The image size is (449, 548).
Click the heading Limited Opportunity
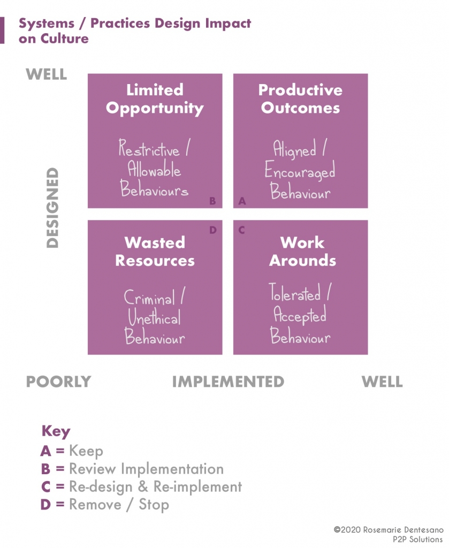tap(155, 99)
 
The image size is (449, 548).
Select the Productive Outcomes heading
tap(300, 99)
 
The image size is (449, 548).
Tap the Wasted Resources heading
tap(155, 252)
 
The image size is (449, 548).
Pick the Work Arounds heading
tap(302, 252)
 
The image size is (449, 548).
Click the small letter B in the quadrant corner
tap(212, 201)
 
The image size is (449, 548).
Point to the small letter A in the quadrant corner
tap(242, 201)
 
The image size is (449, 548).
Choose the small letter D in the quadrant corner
tap(212, 230)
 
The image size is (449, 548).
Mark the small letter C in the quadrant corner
tap(242, 230)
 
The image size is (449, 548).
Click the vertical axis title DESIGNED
tap(52, 208)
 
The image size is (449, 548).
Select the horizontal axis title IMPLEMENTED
tap(228, 382)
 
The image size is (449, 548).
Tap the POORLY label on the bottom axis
tap(58, 382)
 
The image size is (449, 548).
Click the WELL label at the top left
tap(47, 74)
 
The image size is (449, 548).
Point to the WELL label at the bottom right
tap(382, 382)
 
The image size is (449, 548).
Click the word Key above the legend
tap(56, 431)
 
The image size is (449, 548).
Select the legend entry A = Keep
tap(72, 451)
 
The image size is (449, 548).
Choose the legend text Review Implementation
tap(146, 469)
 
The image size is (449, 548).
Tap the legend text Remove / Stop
tap(119, 504)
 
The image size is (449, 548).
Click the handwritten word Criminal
tap(149, 298)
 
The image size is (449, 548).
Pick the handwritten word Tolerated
tap(294, 293)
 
